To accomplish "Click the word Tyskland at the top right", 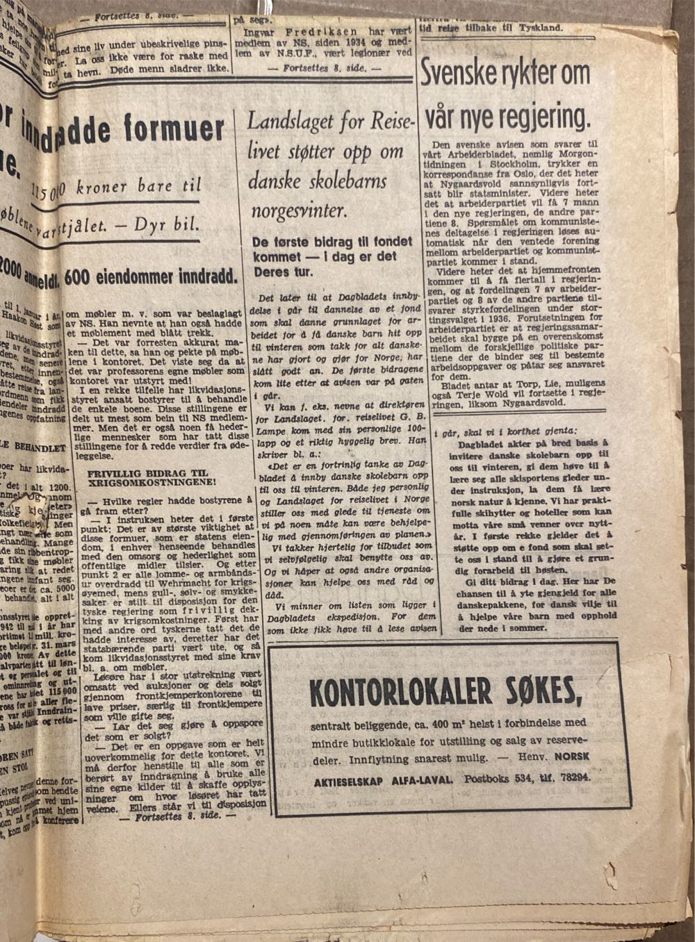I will pos(539,28).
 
